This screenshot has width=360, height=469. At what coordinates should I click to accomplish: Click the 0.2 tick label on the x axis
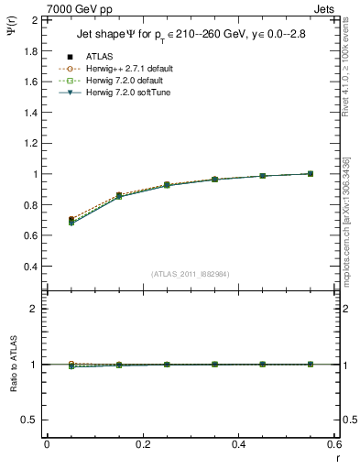143,443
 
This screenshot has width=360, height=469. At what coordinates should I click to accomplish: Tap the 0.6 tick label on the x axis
334,443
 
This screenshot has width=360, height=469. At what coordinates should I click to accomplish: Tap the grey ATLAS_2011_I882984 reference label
190,274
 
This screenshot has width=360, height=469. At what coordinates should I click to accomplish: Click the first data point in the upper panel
72,221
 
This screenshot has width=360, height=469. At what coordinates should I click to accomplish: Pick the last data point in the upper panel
311,173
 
